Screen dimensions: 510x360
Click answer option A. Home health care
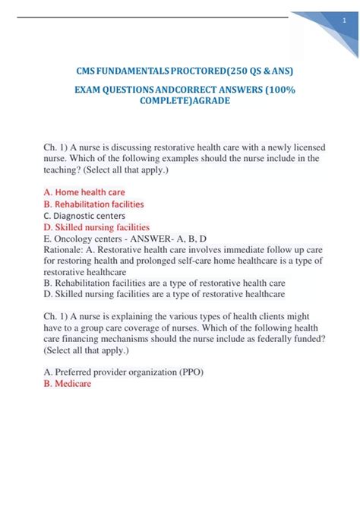tap(84, 192)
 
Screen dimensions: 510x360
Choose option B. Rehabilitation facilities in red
tap(93, 204)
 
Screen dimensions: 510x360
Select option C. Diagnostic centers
tap(84, 215)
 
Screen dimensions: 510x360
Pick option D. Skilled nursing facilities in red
tap(96, 226)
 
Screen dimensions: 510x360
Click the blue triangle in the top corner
tap(327, 19)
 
